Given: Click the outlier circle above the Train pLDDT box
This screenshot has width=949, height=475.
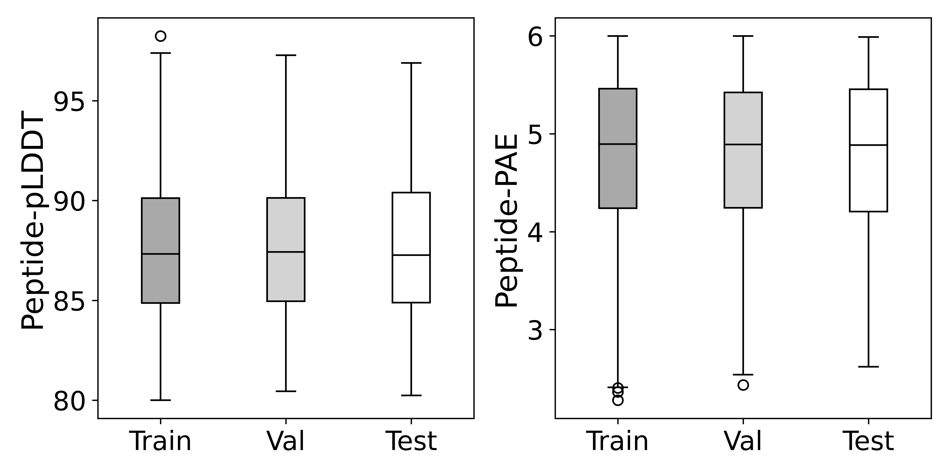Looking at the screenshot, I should [161, 36].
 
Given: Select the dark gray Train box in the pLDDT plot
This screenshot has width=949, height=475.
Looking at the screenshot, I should [161, 229].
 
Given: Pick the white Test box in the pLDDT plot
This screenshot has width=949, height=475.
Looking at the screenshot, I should [411, 221].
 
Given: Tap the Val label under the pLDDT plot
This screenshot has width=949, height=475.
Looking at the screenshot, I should [286, 441].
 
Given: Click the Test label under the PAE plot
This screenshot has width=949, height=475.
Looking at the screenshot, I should [868, 441].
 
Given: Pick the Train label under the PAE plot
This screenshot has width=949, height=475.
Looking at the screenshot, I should [618, 441].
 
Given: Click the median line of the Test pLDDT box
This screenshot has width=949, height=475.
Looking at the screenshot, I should [411, 255].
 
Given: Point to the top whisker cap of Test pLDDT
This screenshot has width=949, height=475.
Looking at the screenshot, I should [411, 63].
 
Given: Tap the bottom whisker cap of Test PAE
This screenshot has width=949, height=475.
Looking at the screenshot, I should [868, 367].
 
